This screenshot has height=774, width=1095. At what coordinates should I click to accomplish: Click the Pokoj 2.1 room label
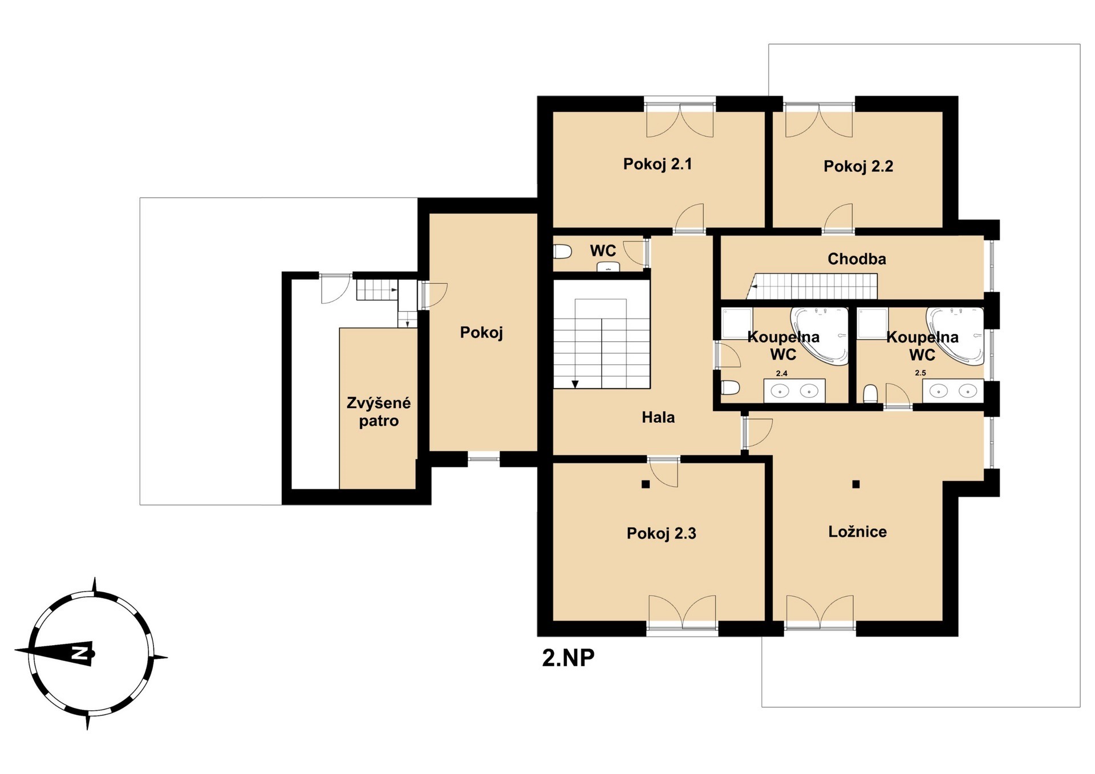coord(657,164)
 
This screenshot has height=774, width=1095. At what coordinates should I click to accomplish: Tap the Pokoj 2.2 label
coord(858,166)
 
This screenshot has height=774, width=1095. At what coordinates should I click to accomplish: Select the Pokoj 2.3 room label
coord(661,533)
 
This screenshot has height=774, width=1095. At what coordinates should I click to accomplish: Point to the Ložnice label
coord(857,532)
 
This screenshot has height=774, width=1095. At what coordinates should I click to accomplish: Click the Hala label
coord(658,417)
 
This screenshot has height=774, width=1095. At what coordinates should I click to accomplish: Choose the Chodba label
coord(857,259)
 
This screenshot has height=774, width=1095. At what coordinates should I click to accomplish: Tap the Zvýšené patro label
coord(379,412)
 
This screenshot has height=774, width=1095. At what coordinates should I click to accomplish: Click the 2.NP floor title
coord(568,658)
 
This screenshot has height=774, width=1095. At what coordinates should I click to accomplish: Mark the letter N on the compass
coord(79,653)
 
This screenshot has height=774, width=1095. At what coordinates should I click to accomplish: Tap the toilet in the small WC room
coord(562,251)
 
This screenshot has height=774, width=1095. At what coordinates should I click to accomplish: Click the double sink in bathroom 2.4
coord(794,390)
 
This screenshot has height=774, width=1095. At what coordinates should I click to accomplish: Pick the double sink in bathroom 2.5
coord(953,390)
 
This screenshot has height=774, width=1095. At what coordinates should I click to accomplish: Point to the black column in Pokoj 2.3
coord(646,484)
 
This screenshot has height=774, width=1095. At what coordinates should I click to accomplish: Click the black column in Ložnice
coord(855,484)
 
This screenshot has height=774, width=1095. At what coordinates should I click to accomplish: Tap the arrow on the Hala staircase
coord(575,384)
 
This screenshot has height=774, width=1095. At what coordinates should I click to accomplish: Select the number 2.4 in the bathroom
coord(781,373)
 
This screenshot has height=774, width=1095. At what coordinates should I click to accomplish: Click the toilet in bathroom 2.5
coord(870,394)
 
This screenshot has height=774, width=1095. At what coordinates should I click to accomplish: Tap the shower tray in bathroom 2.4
coord(737,324)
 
